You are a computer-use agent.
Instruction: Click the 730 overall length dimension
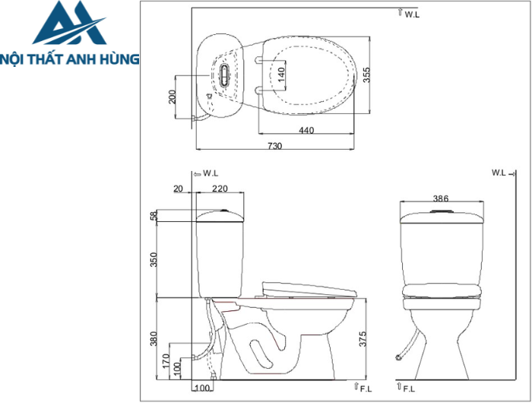pyautogui.click(x=274, y=145)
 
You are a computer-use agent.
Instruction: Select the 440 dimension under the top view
pyautogui.click(x=306, y=131)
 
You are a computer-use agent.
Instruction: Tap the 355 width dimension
pyautogui.click(x=366, y=75)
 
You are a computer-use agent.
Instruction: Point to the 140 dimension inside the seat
pyautogui.click(x=280, y=75)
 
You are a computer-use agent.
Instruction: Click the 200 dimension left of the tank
pyautogui.click(x=173, y=97)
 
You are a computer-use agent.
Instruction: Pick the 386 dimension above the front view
pyautogui.click(x=441, y=198)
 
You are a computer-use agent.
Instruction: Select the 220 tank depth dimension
pyautogui.click(x=220, y=189)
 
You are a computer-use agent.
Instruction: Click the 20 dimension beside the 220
pyautogui.click(x=179, y=189)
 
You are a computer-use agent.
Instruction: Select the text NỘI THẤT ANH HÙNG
pyautogui.click(x=69, y=58)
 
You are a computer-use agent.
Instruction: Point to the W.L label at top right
pyautogui.click(x=410, y=13)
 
